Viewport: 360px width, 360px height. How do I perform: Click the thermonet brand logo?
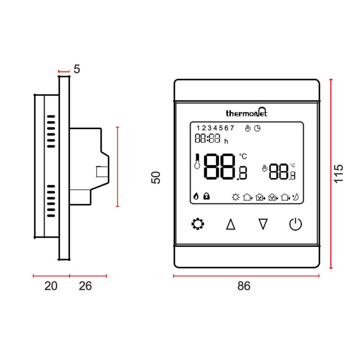[x=247, y=113]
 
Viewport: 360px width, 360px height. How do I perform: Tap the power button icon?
[x=296, y=224]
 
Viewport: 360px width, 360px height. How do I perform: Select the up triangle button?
[x=230, y=225]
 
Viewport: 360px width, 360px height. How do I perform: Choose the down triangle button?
[x=264, y=225]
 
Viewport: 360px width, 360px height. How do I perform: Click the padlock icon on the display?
[x=207, y=196]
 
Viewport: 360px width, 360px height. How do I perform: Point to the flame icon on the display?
[x=196, y=196]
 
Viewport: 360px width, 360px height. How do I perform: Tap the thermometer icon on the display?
[x=197, y=162]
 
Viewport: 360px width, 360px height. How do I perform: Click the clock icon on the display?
[x=257, y=128]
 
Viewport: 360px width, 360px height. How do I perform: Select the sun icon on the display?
[x=236, y=197]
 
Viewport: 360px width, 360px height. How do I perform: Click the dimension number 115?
[x=339, y=174]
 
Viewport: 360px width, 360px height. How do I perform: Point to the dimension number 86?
[x=244, y=286]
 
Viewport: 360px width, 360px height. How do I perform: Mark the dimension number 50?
[x=156, y=177]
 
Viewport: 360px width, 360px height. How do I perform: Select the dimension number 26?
[x=85, y=286]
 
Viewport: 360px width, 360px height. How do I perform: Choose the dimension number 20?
[x=51, y=286]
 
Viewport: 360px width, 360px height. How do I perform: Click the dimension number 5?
[x=77, y=69]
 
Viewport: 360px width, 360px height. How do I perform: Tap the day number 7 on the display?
[x=232, y=128]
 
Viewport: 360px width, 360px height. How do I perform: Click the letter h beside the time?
[x=226, y=141]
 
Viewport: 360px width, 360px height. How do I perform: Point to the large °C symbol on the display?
[x=243, y=156]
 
